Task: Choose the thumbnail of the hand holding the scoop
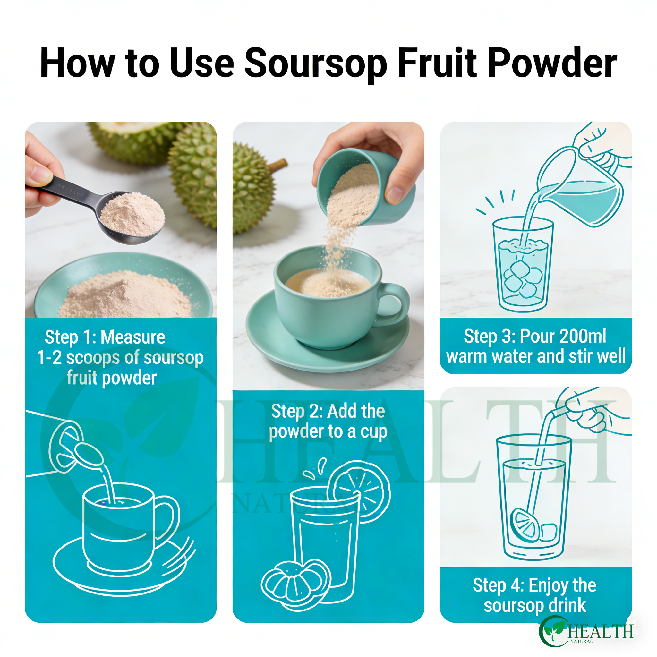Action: pos(121,220)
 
